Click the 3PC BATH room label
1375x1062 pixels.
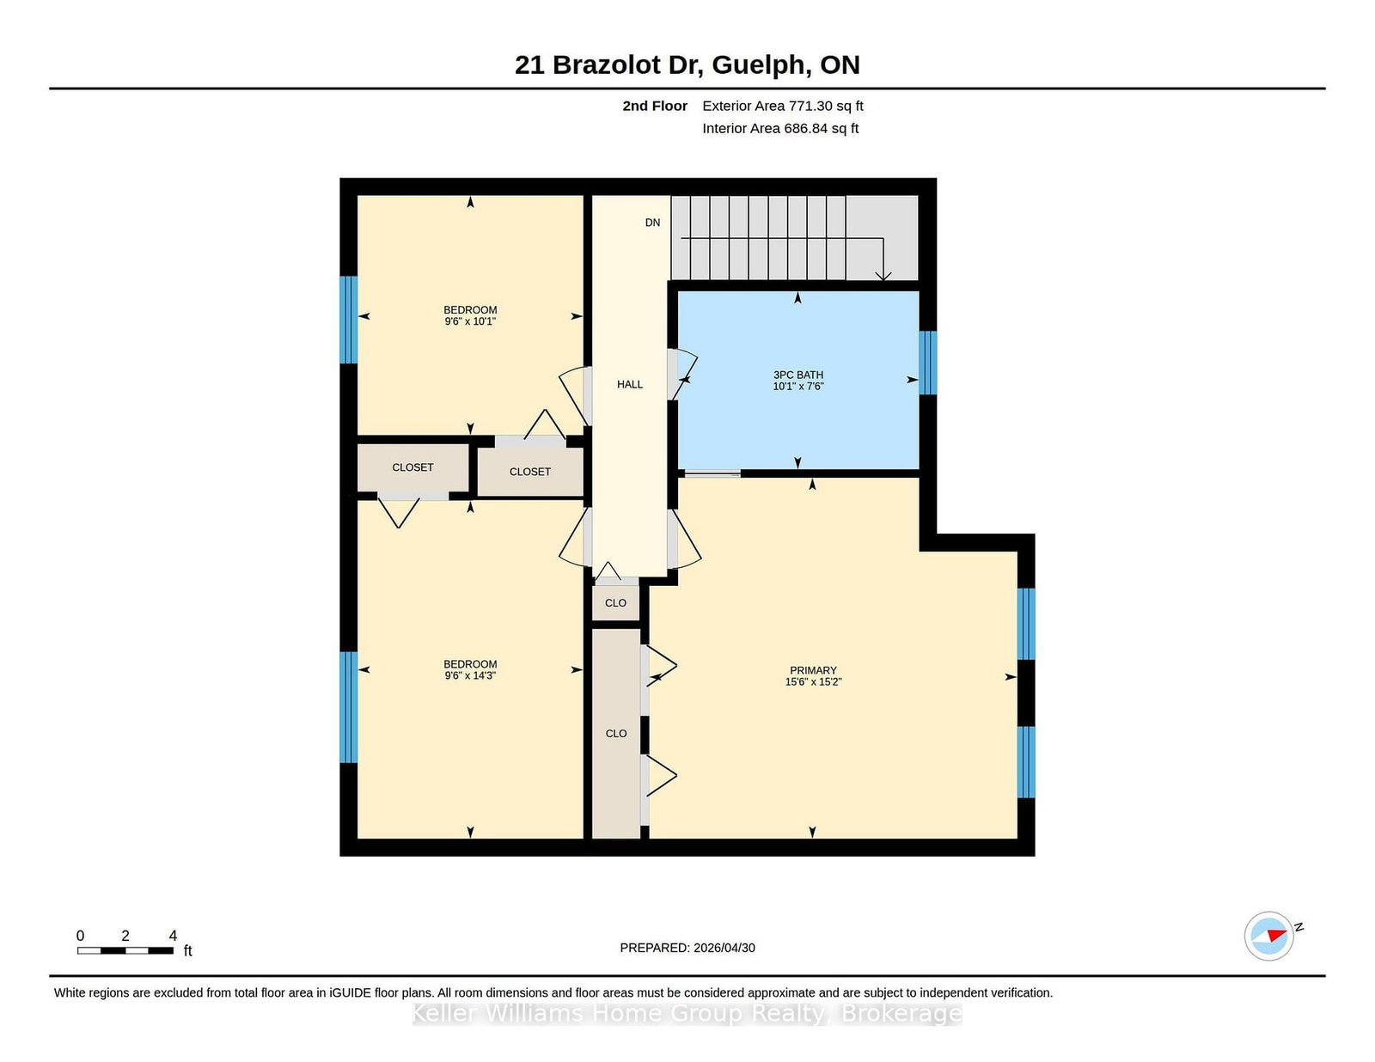click(797, 375)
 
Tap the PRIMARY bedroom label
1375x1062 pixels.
click(813, 670)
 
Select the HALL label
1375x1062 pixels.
click(630, 385)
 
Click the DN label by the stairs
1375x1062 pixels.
click(652, 223)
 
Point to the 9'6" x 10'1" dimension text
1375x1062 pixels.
click(470, 321)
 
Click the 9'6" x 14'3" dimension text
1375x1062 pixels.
click(470, 675)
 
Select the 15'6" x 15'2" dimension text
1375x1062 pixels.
click(813, 682)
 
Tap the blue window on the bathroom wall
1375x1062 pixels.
click(927, 363)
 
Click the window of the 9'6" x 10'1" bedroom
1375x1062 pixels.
click(349, 320)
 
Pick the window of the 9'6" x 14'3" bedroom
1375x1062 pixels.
click(349, 707)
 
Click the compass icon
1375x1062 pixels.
click(1268, 937)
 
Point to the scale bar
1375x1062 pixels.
click(125, 950)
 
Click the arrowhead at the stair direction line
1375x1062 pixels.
click(883, 277)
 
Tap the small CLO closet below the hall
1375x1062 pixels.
click(615, 603)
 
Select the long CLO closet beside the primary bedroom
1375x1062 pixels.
click(615, 734)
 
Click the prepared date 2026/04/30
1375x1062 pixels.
click(724, 948)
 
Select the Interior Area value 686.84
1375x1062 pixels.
click(805, 128)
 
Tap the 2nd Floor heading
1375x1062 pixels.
click(655, 107)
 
